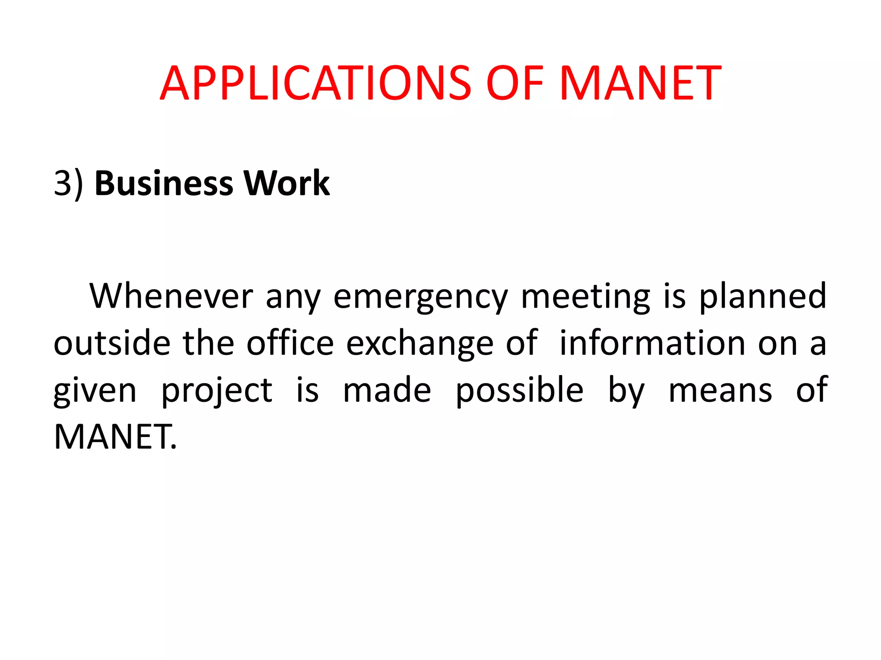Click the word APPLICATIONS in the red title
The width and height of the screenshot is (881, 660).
pyautogui.click(x=316, y=83)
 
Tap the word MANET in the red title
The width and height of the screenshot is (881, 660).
pyautogui.click(x=640, y=83)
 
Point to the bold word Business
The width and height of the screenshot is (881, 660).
pyautogui.click(x=164, y=183)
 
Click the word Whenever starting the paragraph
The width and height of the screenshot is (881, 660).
pyautogui.click(x=171, y=296)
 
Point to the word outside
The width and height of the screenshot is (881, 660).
pyautogui.click(x=112, y=343)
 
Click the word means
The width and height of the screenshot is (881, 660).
pyautogui.click(x=720, y=391)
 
